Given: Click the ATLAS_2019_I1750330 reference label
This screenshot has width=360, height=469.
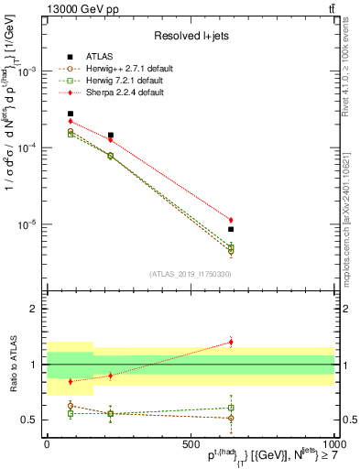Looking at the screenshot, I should (x=190, y=273).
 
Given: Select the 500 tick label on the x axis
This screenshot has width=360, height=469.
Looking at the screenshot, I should (x=191, y=443).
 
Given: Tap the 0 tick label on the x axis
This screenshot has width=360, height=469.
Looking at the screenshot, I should (x=47, y=443).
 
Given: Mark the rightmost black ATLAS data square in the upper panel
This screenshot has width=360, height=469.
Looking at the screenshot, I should (x=231, y=230).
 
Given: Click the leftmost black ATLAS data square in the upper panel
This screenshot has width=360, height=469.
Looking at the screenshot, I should (x=71, y=114).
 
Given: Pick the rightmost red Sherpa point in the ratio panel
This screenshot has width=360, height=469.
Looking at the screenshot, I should (x=231, y=343).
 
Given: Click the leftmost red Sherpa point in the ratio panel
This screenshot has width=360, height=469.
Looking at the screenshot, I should (x=71, y=381).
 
